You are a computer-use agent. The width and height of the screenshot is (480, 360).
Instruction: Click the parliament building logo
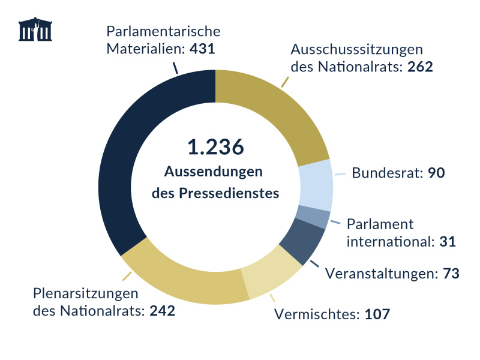35,29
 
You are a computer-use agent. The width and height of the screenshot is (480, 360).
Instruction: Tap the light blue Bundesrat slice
316,185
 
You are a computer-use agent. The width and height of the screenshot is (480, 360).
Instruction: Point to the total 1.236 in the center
215,147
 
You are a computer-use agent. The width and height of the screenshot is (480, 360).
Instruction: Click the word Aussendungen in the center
214,172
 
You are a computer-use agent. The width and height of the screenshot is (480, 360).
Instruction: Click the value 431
202,48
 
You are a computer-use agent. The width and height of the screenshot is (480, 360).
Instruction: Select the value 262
420,66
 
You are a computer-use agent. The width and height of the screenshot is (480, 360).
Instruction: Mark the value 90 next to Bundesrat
436,173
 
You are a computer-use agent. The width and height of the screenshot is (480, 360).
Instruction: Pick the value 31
447,242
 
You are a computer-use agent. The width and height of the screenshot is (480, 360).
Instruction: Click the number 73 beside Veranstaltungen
451,274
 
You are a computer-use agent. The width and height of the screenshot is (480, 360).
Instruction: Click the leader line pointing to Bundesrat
340,175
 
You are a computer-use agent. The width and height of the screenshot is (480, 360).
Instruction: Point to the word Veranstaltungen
377,274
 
